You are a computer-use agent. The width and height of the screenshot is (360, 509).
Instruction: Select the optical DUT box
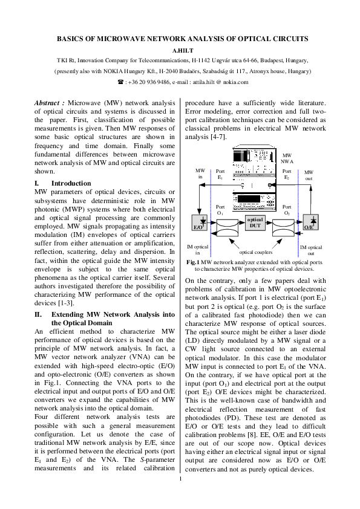(255, 222)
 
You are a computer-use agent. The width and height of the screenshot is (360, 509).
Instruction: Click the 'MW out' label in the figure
(309, 175)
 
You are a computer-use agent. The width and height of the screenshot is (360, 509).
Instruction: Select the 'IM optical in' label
(197, 250)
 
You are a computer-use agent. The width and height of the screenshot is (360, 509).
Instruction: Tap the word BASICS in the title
(71, 39)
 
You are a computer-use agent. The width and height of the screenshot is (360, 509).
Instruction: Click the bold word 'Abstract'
(49, 103)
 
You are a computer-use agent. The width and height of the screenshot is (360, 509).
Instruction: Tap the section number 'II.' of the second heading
(38, 314)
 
